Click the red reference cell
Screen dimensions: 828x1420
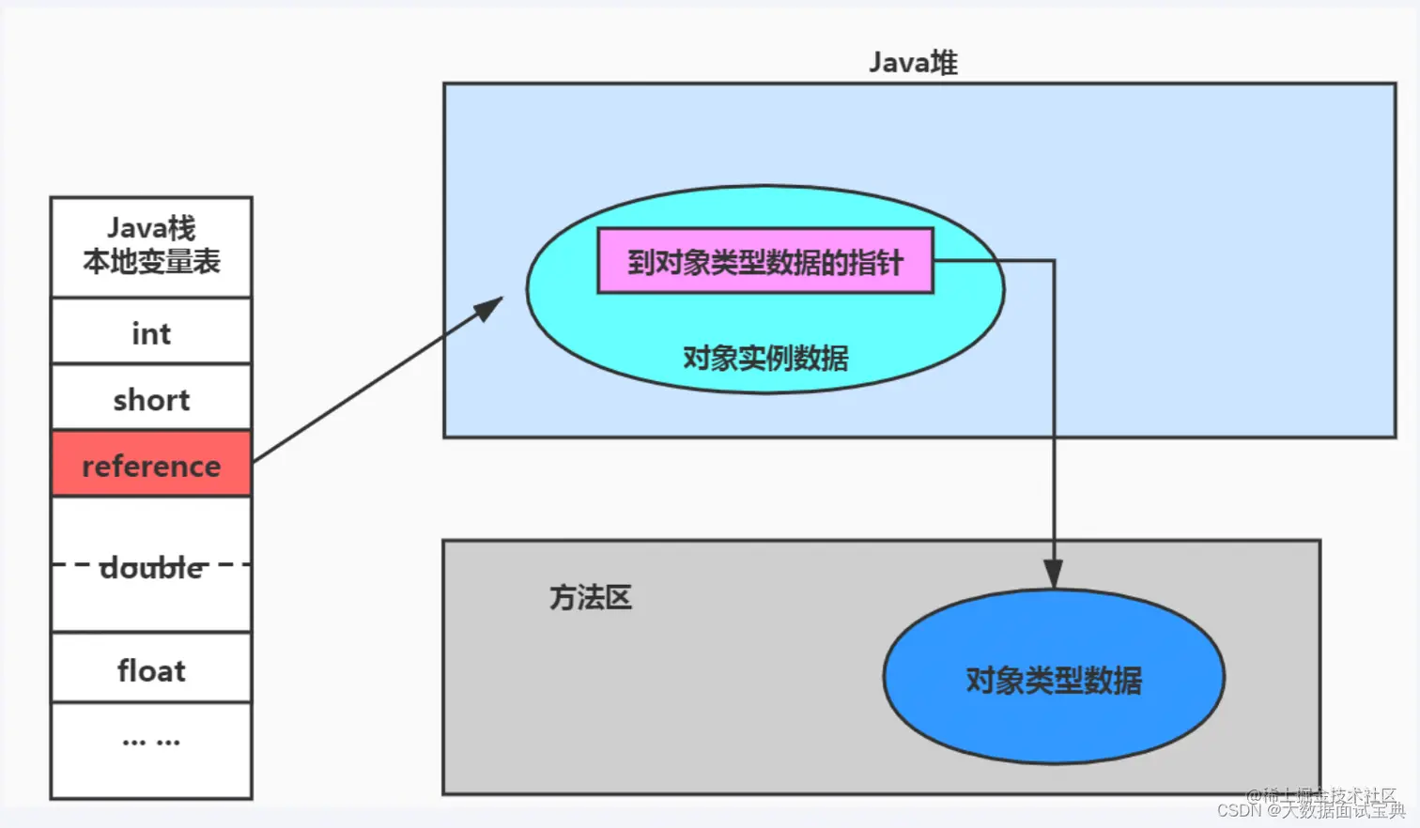pos(151,464)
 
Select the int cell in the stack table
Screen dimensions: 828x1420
pos(151,332)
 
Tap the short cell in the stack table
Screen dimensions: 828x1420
pos(151,399)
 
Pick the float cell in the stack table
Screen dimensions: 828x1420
pos(151,669)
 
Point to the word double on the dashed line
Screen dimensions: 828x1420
pos(151,567)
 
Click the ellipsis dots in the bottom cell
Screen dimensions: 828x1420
pos(151,742)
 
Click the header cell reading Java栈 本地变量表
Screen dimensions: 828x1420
pos(151,246)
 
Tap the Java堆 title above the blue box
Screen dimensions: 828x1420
pos(912,63)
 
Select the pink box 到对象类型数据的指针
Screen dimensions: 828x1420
pos(764,262)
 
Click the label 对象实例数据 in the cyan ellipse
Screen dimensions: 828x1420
pos(764,358)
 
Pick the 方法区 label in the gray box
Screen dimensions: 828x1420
pos(590,597)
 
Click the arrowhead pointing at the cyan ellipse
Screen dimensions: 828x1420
pos(488,308)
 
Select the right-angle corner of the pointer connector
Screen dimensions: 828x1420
pos(1053,261)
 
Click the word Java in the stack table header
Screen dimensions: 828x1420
pos(136,228)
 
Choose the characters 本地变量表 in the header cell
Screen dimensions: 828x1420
pos(151,262)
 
